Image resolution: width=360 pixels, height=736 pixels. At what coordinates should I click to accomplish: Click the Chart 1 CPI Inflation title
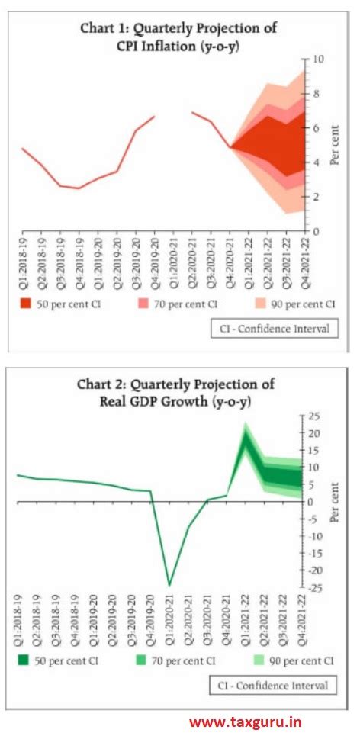tap(178, 37)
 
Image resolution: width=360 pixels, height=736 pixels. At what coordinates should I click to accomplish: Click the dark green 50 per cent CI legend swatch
tap(27, 660)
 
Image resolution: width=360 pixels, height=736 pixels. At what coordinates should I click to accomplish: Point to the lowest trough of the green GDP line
tap(169, 585)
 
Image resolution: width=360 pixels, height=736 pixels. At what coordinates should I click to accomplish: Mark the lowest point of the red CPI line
tap(79, 188)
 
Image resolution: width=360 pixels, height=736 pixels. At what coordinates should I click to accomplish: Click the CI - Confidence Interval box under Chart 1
tap(273, 329)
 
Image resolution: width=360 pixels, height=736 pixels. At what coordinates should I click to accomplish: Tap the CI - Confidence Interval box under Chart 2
tap(272, 685)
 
